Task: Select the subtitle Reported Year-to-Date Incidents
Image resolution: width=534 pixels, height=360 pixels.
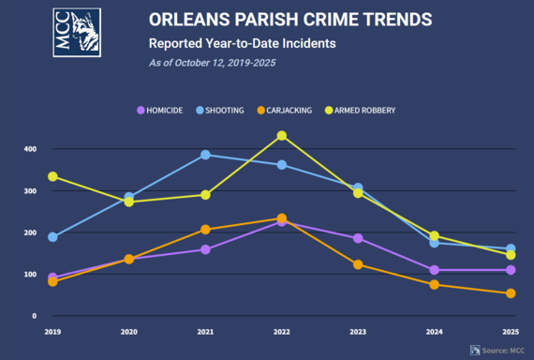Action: [242, 43]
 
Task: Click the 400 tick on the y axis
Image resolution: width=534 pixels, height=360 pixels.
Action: [30, 149]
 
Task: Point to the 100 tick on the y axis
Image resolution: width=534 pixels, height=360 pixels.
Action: [30, 275]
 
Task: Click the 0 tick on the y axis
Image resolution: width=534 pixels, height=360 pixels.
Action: [34, 316]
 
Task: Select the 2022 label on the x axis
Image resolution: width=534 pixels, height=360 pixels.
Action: [281, 331]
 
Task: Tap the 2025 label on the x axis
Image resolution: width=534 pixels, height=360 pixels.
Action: [510, 331]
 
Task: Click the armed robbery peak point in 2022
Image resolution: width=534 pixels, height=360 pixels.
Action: [281, 136]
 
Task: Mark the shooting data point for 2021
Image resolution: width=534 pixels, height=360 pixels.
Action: [205, 155]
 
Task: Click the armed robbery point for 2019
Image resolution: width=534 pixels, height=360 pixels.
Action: [53, 176]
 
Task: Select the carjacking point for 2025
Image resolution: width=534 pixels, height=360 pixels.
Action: [511, 293]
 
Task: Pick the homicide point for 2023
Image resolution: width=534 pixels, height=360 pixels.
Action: [358, 238]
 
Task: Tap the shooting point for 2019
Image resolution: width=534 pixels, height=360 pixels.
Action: [53, 237]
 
